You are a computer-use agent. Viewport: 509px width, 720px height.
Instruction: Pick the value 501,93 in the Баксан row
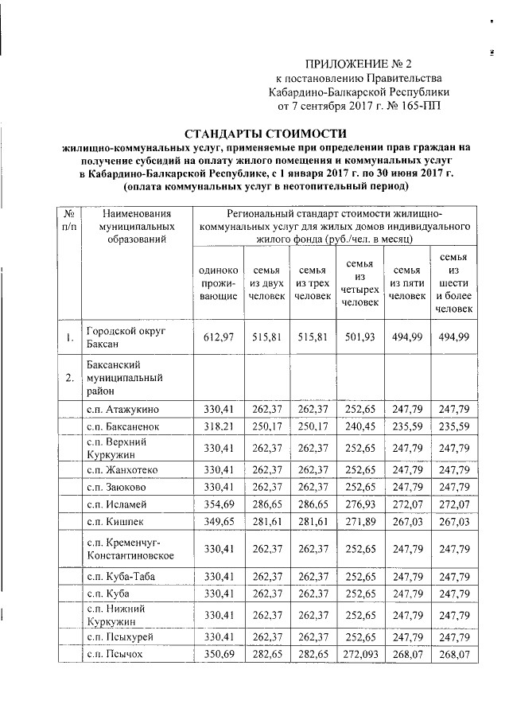pyautogui.click(x=359, y=340)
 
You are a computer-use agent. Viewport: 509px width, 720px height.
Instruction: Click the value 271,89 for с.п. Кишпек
pyautogui.click(x=359, y=522)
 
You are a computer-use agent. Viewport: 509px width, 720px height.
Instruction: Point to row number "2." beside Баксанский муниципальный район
pyautogui.click(x=70, y=377)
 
